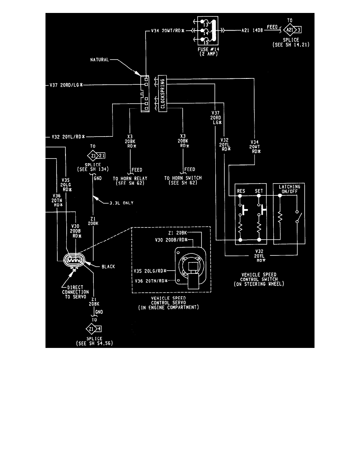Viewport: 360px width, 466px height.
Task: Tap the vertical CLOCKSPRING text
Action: (x=162, y=93)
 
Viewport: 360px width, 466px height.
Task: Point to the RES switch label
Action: (x=241, y=192)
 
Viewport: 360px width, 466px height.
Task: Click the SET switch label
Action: (x=259, y=192)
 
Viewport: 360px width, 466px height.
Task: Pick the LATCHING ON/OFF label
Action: (x=289, y=189)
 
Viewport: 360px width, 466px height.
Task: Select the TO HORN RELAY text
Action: (x=130, y=180)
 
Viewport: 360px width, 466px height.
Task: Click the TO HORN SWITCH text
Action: (x=183, y=180)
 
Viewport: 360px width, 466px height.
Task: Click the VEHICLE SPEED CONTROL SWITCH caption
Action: (x=258, y=279)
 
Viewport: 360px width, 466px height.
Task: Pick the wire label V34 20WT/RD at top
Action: (x=167, y=30)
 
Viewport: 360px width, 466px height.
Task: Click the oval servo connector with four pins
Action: (x=74, y=259)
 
